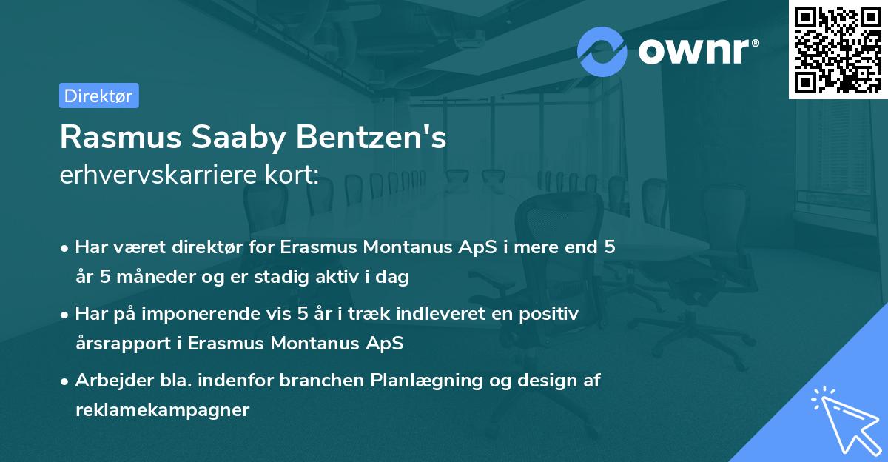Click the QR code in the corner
point(838,50)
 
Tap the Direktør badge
point(98,96)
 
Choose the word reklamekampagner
point(162,410)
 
